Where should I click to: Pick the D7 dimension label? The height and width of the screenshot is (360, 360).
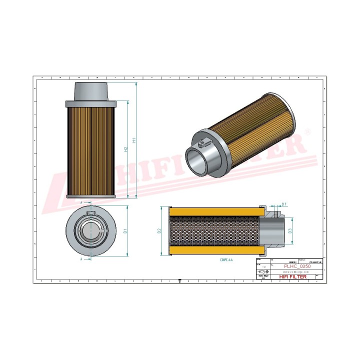click(284, 204)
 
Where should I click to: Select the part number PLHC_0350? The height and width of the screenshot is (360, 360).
click(296, 266)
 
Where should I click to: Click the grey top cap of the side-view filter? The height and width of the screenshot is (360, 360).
click(91, 91)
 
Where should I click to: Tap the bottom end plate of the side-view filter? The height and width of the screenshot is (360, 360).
click(91, 196)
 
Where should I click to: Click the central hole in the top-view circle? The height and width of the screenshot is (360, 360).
click(91, 231)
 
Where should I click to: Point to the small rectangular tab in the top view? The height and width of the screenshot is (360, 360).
click(91, 213)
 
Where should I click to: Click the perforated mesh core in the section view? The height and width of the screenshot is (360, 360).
click(215, 231)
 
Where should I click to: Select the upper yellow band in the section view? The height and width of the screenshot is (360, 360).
click(215, 212)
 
